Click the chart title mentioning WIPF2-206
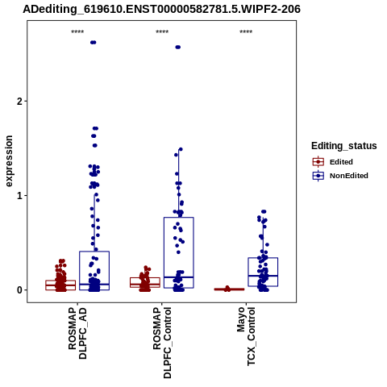point(161,9)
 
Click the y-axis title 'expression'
point(9,161)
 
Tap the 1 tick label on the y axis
point(20,196)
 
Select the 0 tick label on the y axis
point(20,290)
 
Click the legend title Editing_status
point(344,146)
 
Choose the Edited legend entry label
point(341,162)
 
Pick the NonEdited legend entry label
point(349,176)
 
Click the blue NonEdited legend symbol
point(318,176)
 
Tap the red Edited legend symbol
point(318,162)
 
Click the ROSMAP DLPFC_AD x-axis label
point(77,333)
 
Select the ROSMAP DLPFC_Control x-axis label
point(162,343)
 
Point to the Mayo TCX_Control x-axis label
point(246,336)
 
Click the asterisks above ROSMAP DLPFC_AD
point(77,32)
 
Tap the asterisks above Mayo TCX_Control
point(246,32)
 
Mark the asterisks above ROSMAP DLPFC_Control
point(162,32)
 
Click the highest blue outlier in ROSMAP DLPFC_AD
point(94,43)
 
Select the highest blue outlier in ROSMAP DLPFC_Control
point(178,48)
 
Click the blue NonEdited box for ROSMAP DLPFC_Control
point(179,218)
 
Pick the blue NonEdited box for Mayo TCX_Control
point(263,258)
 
